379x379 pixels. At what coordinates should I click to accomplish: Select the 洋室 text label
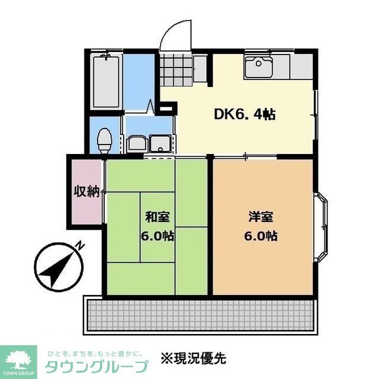coord(261,217)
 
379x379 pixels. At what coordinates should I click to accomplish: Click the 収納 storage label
coord(86,192)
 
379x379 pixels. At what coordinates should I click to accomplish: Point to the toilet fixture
coord(105,139)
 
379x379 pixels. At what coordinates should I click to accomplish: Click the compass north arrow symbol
coord(57,266)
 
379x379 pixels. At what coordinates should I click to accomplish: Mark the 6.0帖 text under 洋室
coord(261,235)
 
